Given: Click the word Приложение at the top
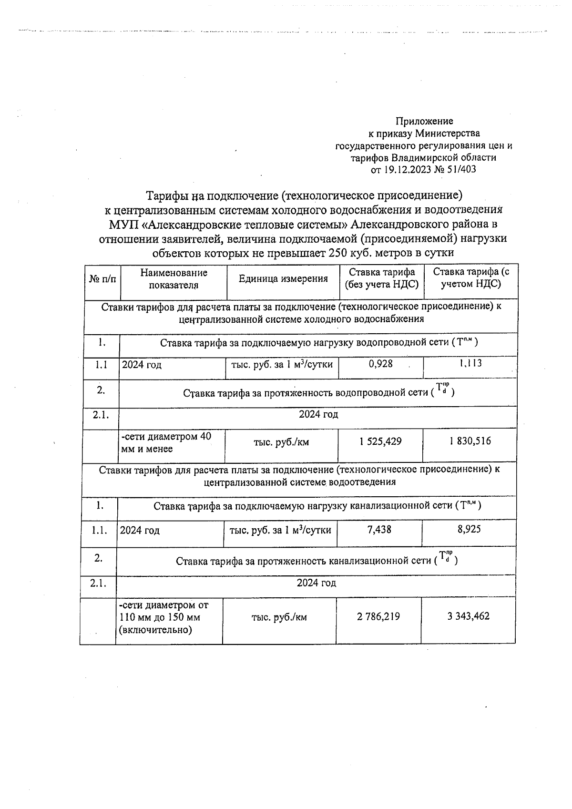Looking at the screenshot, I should coord(425,121).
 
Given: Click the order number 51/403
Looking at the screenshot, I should coord(461,169).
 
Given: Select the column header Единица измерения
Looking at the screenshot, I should coord(283,279).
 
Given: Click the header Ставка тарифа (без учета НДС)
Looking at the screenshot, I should coord(382,278).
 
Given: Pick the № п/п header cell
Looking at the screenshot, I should coord(102,279).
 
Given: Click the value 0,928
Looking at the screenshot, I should coord(380,364).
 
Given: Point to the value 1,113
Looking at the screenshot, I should coord(470,364).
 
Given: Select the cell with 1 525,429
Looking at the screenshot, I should coord(380,441).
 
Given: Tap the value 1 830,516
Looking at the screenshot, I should coord(470,441).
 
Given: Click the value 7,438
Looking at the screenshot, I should coord(379,529).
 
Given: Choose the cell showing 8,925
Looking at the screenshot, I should coord(469,529).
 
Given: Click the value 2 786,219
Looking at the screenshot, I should coord(378,616).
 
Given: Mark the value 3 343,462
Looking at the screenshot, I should coord(468,616).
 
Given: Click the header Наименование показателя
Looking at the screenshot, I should coord(174,279).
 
